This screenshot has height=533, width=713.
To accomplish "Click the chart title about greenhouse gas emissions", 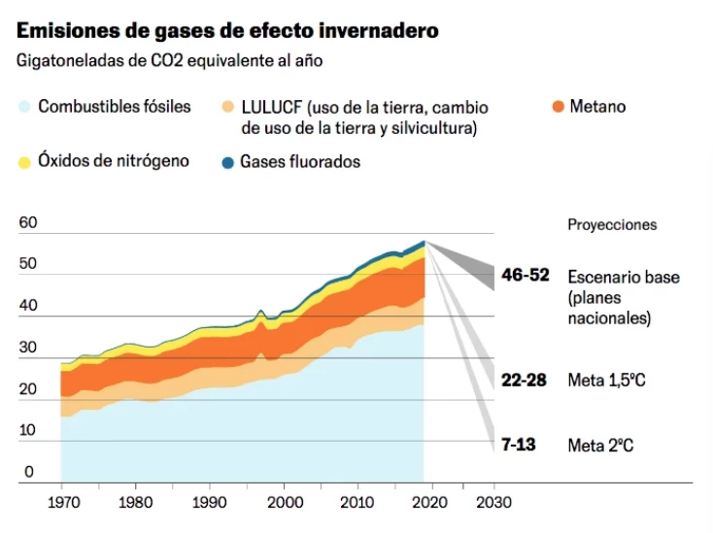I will pyautogui.click(x=227, y=30).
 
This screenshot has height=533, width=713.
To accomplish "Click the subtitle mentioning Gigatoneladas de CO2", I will pyautogui.click(x=169, y=60).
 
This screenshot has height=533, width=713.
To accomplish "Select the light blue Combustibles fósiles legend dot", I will pyautogui.click(x=24, y=107).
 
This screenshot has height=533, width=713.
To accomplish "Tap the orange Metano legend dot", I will pyautogui.click(x=557, y=107).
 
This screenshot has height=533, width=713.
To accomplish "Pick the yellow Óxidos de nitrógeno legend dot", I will pyautogui.click(x=24, y=161).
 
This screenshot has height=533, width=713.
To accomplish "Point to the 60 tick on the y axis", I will pyautogui.click(x=28, y=222).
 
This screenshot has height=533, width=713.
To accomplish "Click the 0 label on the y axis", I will pyautogui.click(x=28, y=472).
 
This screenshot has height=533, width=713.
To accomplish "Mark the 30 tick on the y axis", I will pyautogui.click(x=28, y=348).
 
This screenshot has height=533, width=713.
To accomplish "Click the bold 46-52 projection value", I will pyautogui.click(x=526, y=276).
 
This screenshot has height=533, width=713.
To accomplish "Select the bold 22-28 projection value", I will pyautogui.click(x=526, y=380).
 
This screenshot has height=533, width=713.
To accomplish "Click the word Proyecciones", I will pyautogui.click(x=612, y=224).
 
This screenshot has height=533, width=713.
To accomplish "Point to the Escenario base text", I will pyautogui.click(x=623, y=277).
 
